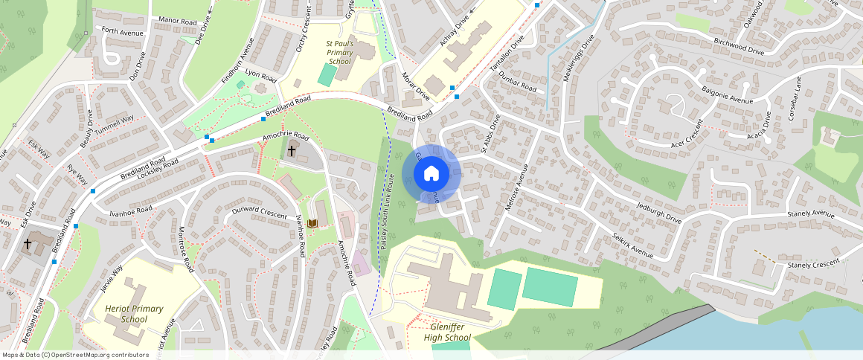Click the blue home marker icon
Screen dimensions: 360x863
431,174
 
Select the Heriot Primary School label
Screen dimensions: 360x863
126,314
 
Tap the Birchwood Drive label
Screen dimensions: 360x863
738,46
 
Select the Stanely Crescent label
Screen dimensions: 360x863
812,264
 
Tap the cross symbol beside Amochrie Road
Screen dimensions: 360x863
292,151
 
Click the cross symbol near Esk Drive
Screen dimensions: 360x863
28,243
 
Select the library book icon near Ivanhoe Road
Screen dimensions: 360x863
313,223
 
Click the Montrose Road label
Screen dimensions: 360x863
186,248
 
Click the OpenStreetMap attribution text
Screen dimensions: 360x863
76,355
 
